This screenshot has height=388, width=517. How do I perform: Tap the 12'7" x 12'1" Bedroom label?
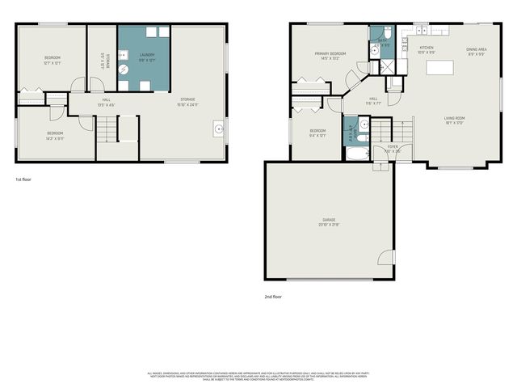pyautogui.click(x=52, y=60)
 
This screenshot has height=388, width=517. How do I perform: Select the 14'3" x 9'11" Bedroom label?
pyautogui.click(x=54, y=134)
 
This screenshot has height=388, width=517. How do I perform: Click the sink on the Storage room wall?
pyautogui.click(x=219, y=127)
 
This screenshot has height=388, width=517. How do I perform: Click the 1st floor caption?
pyautogui.click(x=23, y=179)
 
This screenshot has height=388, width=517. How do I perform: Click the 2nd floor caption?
pyautogui.click(x=275, y=297)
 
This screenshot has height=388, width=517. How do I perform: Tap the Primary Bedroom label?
pyautogui.click(x=330, y=56)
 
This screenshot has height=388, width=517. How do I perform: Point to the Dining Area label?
pyautogui.click(x=476, y=52)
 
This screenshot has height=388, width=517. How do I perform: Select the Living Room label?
pyautogui.click(x=454, y=120)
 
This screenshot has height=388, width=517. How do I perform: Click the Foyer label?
pyautogui.click(x=393, y=149)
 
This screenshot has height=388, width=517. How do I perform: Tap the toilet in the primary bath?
pyautogui.click(x=387, y=34)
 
